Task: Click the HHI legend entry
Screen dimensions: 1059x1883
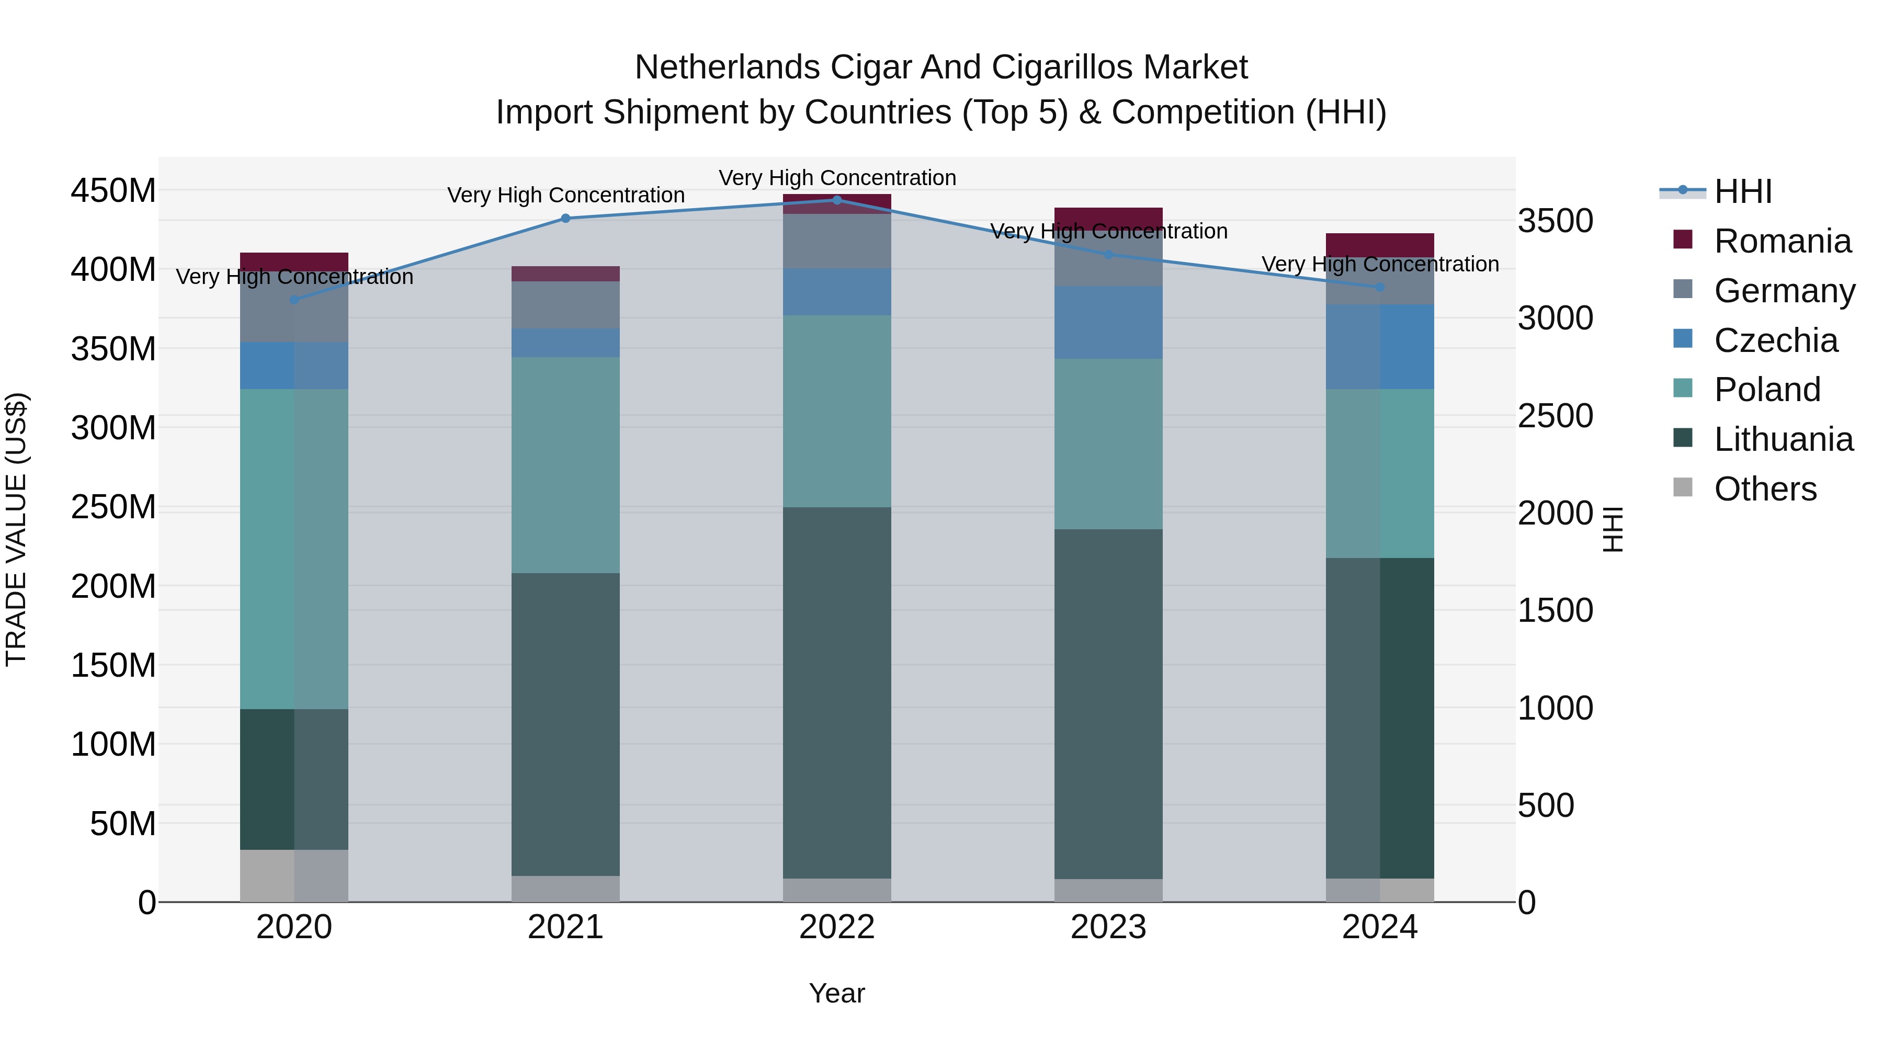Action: click(x=1743, y=191)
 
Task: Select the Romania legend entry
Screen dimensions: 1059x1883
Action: click(x=1782, y=241)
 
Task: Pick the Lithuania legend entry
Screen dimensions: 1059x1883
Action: click(x=1783, y=439)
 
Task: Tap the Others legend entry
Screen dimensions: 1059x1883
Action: click(x=1765, y=489)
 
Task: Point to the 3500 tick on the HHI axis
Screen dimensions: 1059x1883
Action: click(x=1555, y=221)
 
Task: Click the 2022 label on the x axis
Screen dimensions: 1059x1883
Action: click(x=836, y=927)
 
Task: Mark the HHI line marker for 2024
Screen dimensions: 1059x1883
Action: click(x=1379, y=287)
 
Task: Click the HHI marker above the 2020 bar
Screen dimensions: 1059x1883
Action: click(x=294, y=300)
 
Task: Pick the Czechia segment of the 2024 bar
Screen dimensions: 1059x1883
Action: click(x=1379, y=346)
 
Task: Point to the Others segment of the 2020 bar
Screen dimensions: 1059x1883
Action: click(x=294, y=875)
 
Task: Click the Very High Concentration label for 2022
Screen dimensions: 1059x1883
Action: click(x=837, y=178)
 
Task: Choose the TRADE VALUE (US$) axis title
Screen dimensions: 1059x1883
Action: click(x=16, y=529)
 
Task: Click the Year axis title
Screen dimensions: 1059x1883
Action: click(x=836, y=993)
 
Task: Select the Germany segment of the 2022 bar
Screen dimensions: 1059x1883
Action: click(x=836, y=241)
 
